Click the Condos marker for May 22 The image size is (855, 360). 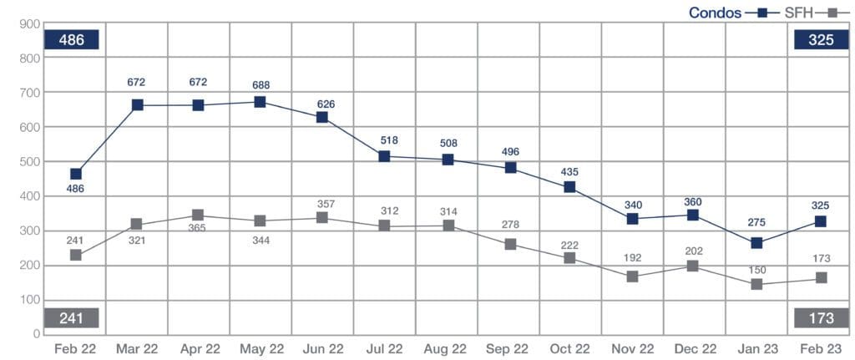pos(260,102)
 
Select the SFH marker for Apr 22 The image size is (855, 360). pos(198,215)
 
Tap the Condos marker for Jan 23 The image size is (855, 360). pos(756,243)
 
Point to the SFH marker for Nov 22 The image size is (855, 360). pos(632,276)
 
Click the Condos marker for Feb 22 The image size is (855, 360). pos(76,174)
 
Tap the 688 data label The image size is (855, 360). pos(260,85)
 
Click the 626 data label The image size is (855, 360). pos(323,104)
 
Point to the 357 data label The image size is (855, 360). pos(323,205)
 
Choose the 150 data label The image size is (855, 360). pos(756,270)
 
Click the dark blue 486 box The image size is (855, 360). pos(72,40)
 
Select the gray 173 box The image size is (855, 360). pos(821,317)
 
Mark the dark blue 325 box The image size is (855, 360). pos(821,40)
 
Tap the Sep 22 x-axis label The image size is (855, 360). pos(508,348)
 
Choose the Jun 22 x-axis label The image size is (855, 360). pos(323,348)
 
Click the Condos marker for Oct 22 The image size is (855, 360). pos(570,187)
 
